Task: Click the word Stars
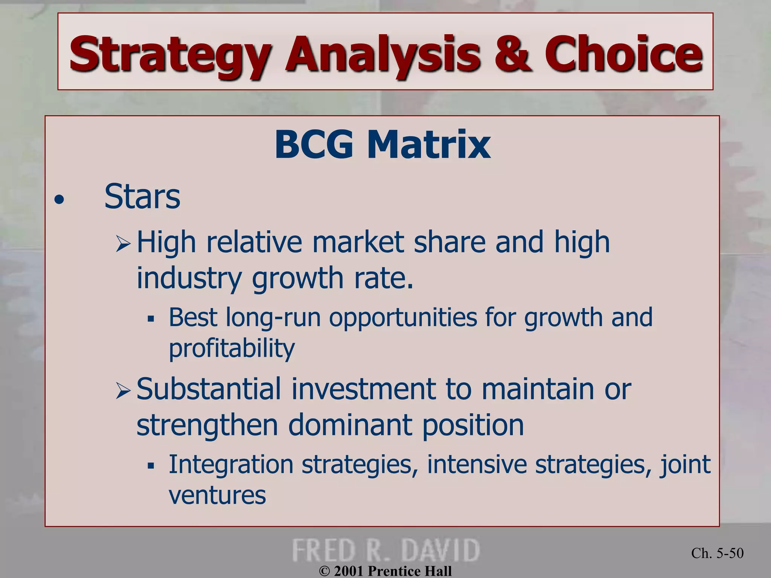coord(142,197)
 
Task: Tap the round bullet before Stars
coord(59,200)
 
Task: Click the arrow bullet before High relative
coord(123,244)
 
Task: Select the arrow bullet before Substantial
coord(123,391)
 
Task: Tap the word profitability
coord(232,348)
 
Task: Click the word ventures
coord(217,495)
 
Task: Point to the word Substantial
coord(209,389)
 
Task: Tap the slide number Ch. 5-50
coord(717,553)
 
